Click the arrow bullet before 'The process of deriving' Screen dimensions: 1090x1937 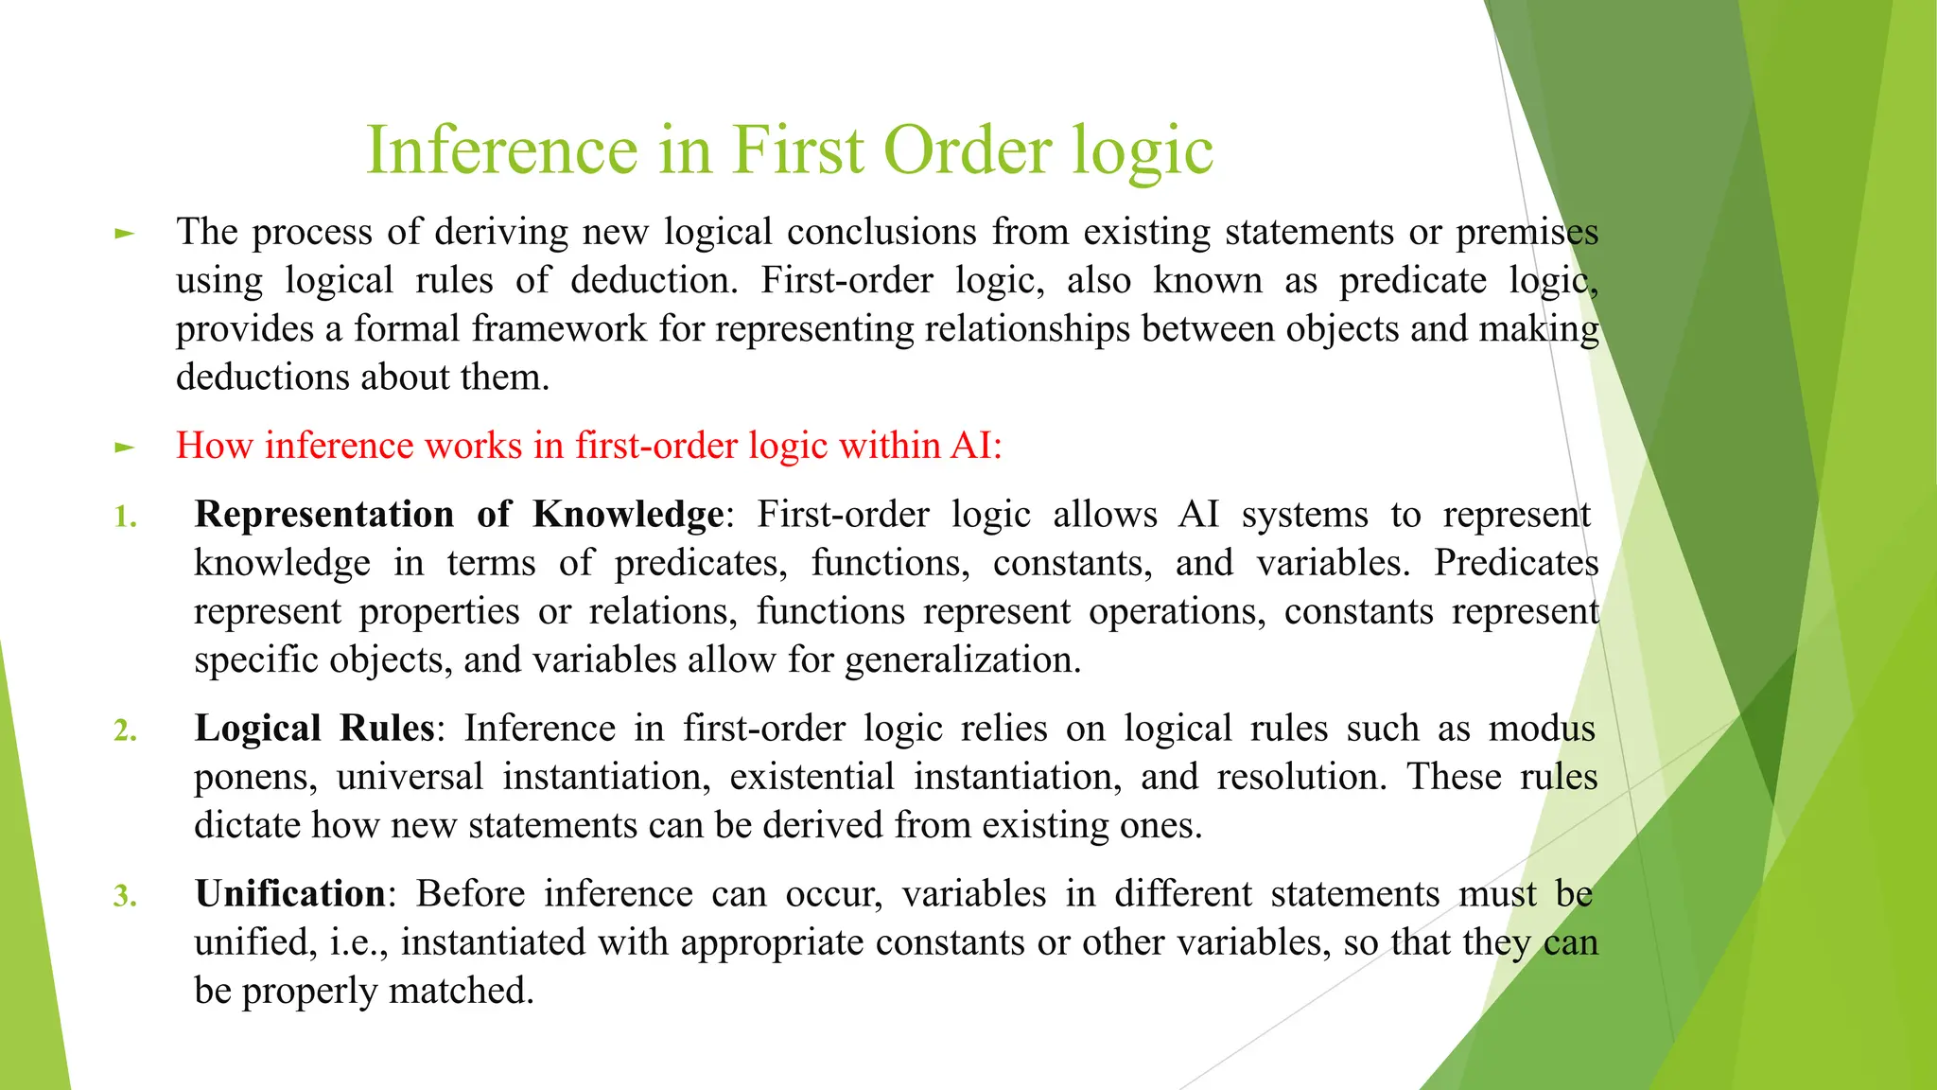124,233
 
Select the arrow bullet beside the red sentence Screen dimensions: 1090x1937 124,447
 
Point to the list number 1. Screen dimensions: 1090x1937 125,518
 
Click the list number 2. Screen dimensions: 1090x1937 125,731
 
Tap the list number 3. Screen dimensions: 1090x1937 125,896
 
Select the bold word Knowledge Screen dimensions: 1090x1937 628,516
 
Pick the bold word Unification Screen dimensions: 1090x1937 289,894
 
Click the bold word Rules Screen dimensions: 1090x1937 387,729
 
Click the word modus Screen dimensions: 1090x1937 1542,729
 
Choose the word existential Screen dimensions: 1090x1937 811,778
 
